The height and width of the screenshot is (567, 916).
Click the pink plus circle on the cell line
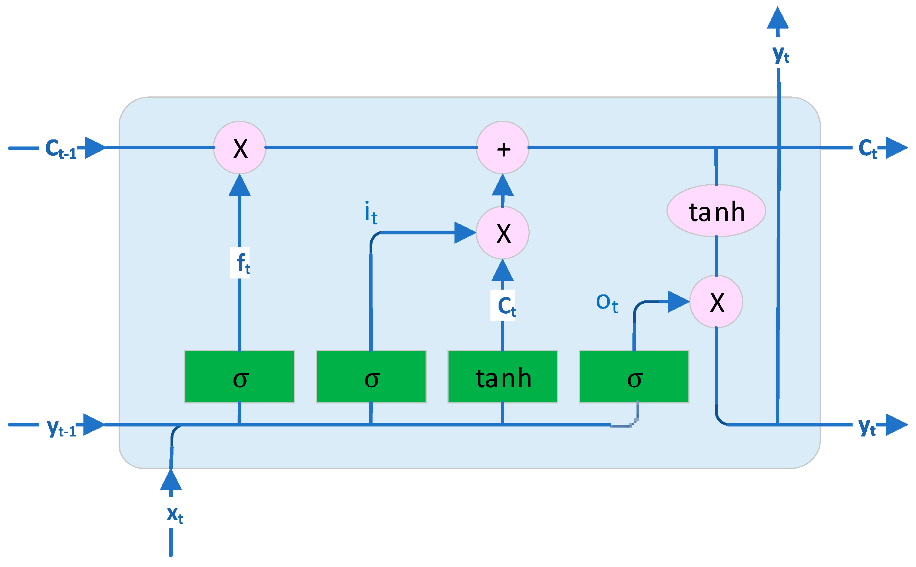[x=503, y=148]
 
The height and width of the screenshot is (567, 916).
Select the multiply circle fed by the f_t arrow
[x=240, y=148]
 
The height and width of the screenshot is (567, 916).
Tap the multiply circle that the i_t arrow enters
[x=503, y=233]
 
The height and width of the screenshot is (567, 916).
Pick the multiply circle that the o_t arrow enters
[x=716, y=301]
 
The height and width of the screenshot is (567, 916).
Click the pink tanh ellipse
[x=716, y=211]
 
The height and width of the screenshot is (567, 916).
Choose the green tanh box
[x=503, y=377]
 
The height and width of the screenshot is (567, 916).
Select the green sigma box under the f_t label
[x=239, y=377]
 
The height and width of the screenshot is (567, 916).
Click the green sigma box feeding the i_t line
[x=371, y=377]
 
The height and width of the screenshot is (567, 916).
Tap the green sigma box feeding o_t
[x=634, y=377]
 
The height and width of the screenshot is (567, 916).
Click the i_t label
[x=371, y=212]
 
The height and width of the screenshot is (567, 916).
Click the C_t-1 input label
[x=61, y=149]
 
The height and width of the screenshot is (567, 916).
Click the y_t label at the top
[x=781, y=55]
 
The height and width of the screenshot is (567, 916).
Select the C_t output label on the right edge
[x=867, y=148]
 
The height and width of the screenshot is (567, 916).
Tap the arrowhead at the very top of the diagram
[x=778, y=19]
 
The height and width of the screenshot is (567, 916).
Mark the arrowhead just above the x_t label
[x=171, y=480]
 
